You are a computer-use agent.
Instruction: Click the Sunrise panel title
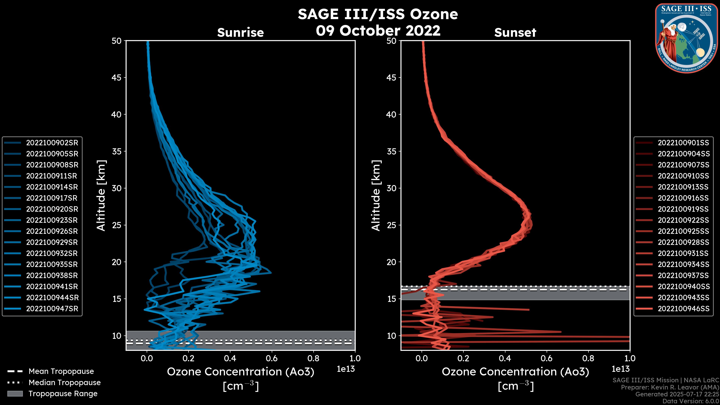coord(240,33)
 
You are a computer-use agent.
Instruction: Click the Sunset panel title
coord(515,33)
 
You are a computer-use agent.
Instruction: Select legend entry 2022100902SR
coord(52,143)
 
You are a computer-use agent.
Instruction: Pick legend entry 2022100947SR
coord(52,309)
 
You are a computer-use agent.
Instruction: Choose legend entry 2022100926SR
coord(52,231)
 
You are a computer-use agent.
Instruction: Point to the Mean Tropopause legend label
coord(61,371)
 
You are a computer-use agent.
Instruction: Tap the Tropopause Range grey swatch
coord(15,394)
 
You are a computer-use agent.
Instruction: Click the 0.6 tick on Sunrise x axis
coord(272,358)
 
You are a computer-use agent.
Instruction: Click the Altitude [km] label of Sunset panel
coord(376,196)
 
